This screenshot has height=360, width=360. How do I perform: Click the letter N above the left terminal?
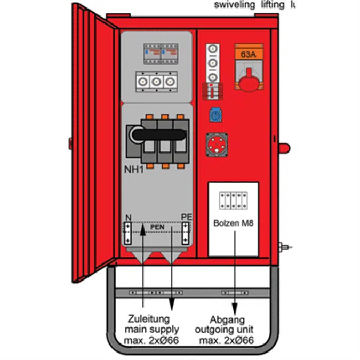[x=128, y=218]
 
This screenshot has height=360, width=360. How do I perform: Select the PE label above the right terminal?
[x=186, y=217]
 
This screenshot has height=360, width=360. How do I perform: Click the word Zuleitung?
[x=149, y=319]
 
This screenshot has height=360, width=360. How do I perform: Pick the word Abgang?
[x=227, y=321]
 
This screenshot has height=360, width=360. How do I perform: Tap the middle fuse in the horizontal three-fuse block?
[x=156, y=82]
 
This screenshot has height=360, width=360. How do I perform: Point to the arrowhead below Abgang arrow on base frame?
[x=236, y=309]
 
